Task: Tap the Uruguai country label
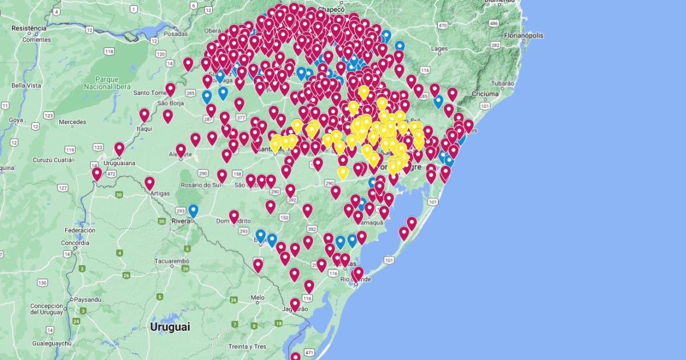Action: tap(170, 327)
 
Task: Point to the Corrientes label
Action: tap(37, 39)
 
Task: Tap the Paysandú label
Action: tap(87, 299)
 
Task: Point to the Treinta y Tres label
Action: tap(247, 346)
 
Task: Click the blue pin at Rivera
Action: tap(193, 211)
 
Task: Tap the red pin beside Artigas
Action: tap(149, 183)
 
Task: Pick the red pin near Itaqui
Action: tap(144, 115)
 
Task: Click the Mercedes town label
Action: tap(72, 122)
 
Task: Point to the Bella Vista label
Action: tap(26, 86)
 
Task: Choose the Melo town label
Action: tap(257, 298)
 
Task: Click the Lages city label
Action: tap(439, 49)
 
